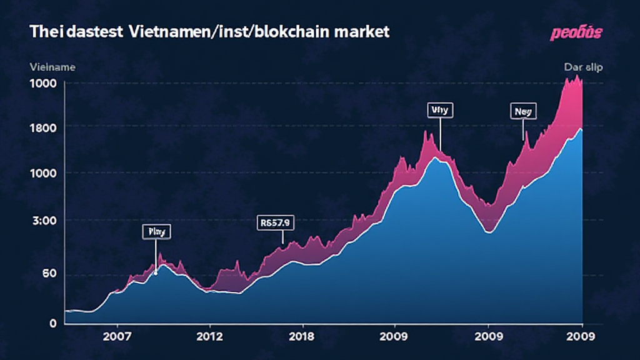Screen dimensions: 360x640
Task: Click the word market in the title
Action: pos(362,32)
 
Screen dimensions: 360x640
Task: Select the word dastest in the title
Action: pos(87,32)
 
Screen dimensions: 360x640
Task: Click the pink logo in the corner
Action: pos(576,33)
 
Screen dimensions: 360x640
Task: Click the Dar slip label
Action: pos(583,67)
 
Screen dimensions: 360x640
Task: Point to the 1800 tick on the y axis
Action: pos(44,127)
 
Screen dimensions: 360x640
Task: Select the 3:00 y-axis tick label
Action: pos(44,220)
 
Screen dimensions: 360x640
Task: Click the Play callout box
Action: pos(156,232)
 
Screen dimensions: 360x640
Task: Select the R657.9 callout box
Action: pos(276,222)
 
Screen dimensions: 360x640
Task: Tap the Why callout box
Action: pos(440,110)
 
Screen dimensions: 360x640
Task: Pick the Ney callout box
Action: pos(523,111)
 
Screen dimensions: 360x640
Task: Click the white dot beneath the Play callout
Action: pos(156,274)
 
